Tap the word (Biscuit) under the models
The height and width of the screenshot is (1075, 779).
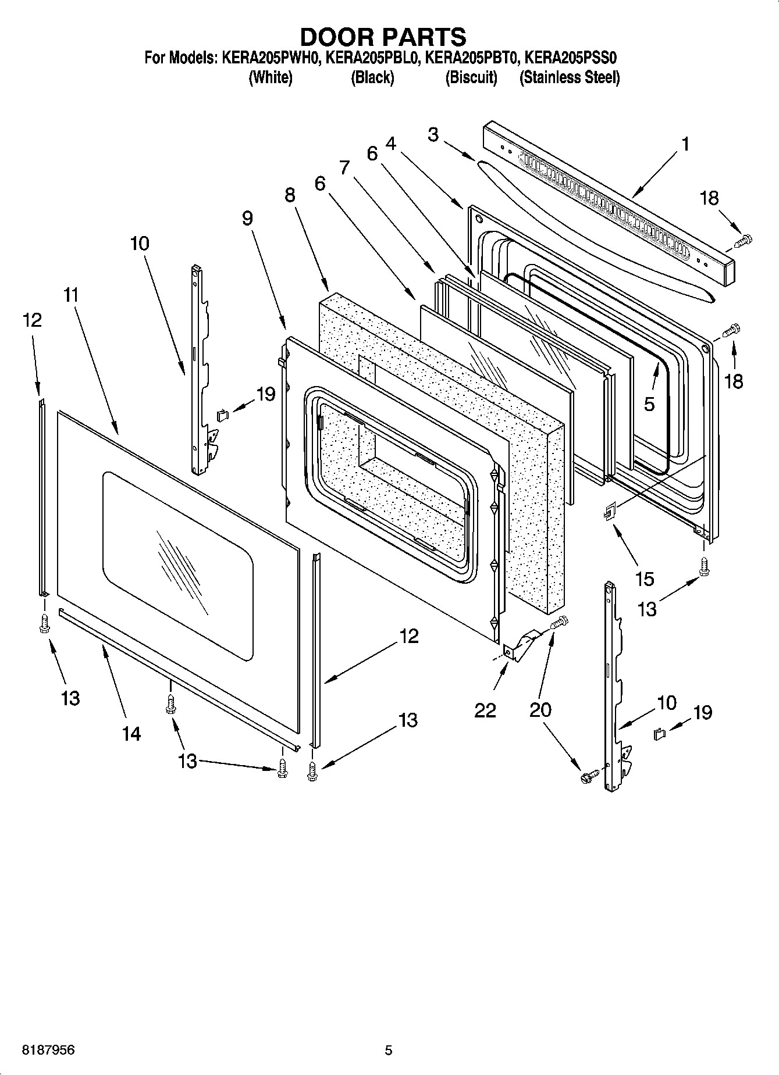[x=471, y=77]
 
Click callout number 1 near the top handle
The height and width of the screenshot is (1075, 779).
[x=685, y=144]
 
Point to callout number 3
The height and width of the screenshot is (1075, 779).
[x=433, y=134]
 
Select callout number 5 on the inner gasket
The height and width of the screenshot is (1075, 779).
[x=649, y=403]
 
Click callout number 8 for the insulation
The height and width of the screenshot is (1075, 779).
[x=290, y=195]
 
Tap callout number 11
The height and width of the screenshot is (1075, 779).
[x=70, y=295]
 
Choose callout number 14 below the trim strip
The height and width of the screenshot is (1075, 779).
[x=132, y=734]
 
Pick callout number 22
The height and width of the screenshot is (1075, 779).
[x=485, y=710]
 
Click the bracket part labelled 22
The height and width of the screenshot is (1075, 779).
[x=520, y=645]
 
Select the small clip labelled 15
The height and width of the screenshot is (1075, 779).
[x=609, y=512]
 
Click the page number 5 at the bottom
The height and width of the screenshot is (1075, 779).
[x=389, y=1051]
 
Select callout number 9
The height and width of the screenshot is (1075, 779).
[x=248, y=218]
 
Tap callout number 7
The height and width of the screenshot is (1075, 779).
[x=344, y=167]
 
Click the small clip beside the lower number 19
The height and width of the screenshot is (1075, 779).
[x=660, y=734]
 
